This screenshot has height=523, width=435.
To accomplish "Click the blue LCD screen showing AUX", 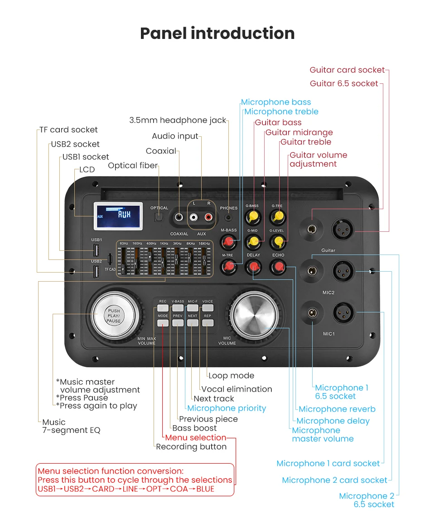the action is pyautogui.click(x=118, y=216).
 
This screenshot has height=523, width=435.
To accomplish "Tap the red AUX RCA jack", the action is pyautogui.click(x=208, y=217).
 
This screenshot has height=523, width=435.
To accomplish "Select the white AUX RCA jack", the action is pyautogui.click(x=193, y=217).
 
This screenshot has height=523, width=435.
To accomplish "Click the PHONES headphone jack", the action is pyautogui.click(x=228, y=217).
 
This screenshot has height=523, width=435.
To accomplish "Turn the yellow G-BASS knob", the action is pyautogui.click(x=253, y=217).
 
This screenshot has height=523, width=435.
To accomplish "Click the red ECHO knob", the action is pyautogui.click(x=278, y=267).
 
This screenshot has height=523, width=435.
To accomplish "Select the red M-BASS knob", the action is pyautogui.click(x=228, y=242).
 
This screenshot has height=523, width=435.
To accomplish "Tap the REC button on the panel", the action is pyautogui.click(x=163, y=308).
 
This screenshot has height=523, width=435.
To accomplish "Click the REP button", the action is pyautogui.click(x=208, y=322).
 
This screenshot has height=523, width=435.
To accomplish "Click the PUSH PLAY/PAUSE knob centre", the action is pyautogui.click(x=114, y=316).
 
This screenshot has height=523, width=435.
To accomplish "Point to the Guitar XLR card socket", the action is pyautogui.click(x=343, y=230).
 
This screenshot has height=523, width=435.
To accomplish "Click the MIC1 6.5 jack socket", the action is pyautogui.click(x=312, y=313).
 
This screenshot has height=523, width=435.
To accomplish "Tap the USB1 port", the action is pyautogui.click(x=96, y=250).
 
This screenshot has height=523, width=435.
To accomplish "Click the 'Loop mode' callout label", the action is pyautogui.click(x=231, y=375).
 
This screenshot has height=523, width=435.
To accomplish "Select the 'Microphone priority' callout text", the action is pyautogui.click(x=227, y=408).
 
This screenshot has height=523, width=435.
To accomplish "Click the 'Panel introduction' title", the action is pyautogui.click(x=217, y=34).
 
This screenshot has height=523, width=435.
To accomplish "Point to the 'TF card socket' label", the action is pyautogui.click(x=68, y=130).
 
